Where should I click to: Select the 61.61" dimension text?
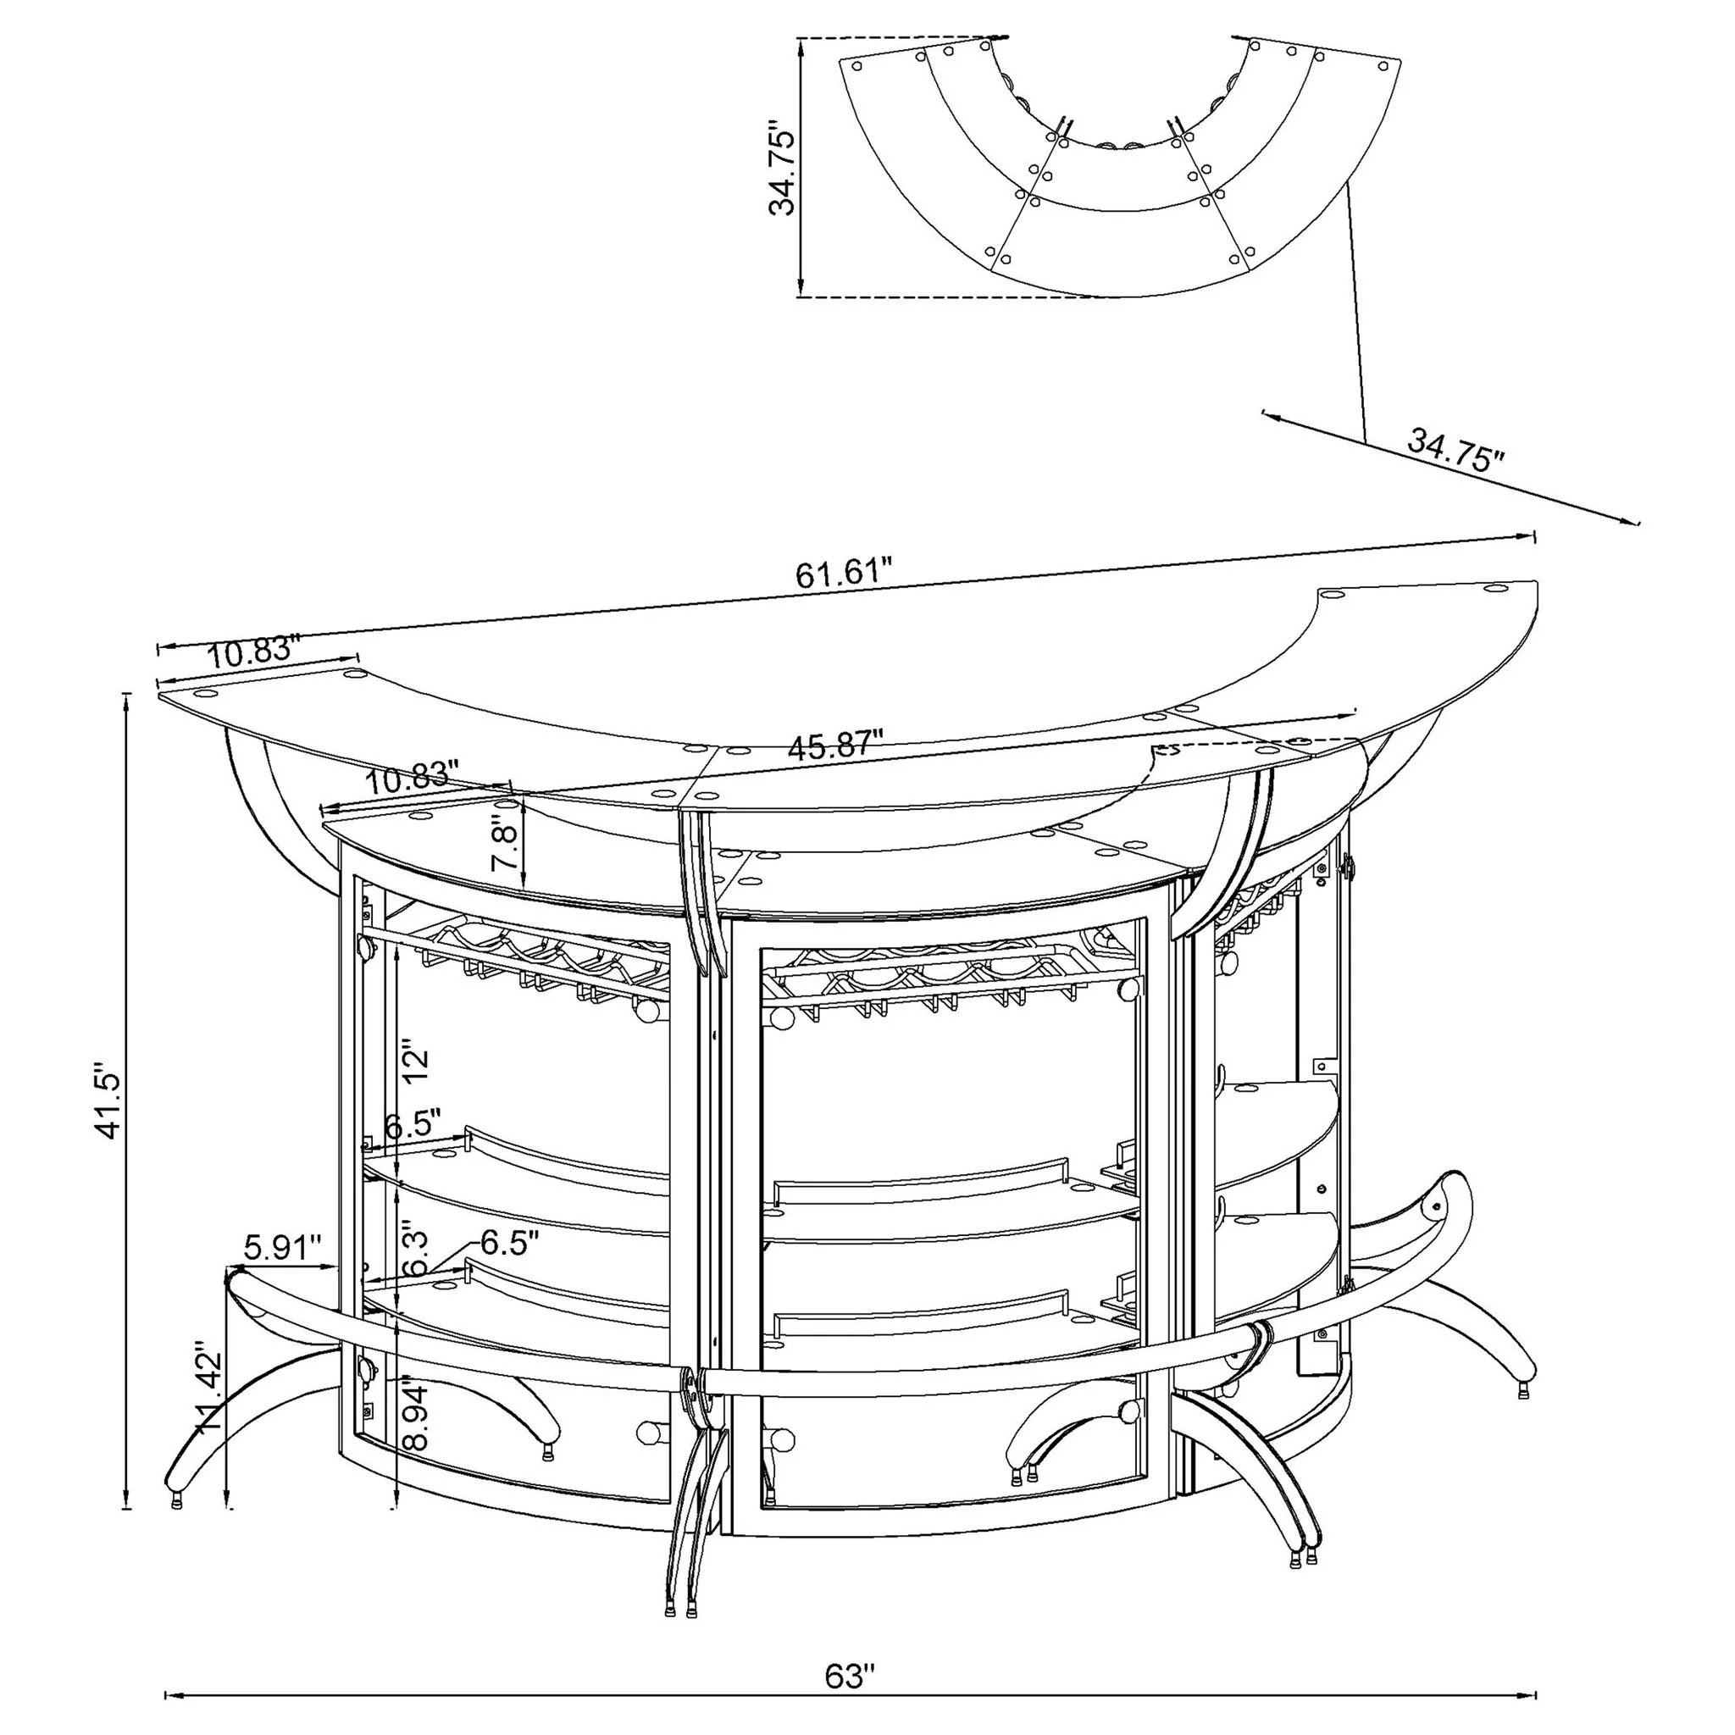point(844,571)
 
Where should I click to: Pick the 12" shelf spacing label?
point(417,1061)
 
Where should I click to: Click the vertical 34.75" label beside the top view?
point(782,170)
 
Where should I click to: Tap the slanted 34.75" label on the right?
point(1455,449)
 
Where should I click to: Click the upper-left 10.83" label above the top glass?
point(252,650)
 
